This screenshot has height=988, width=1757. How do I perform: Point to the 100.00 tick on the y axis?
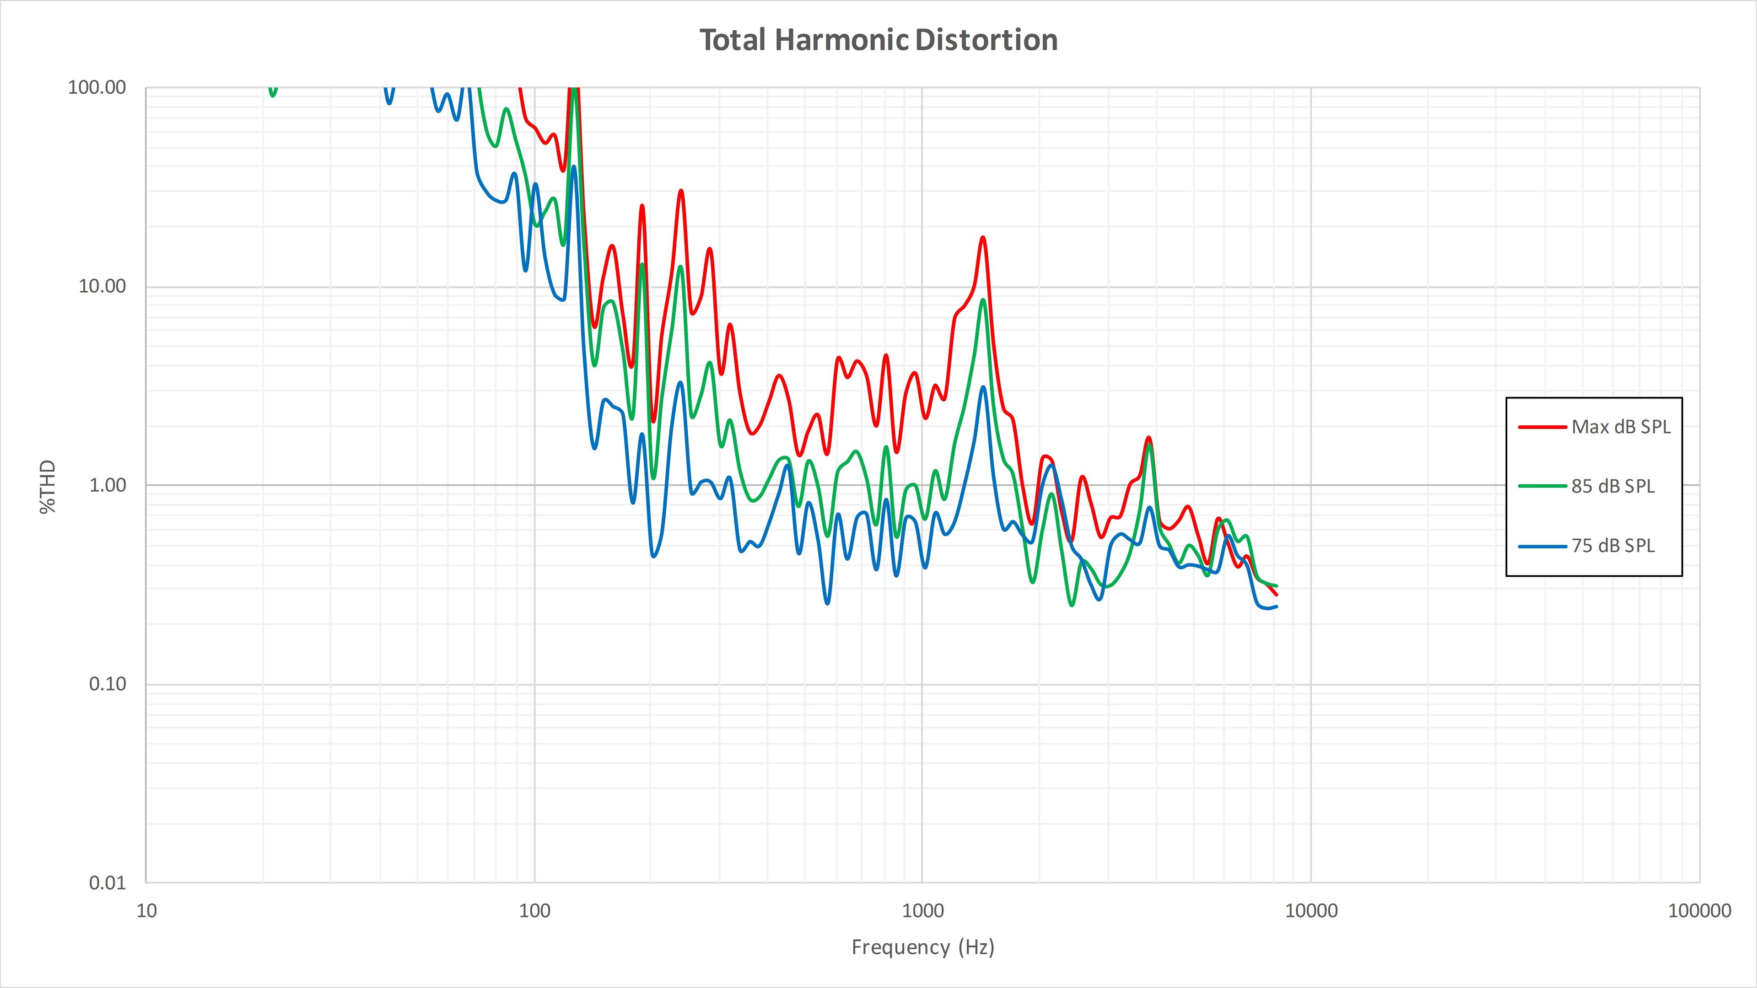coord(97,87)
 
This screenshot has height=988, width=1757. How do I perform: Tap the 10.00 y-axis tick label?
coord(102,286)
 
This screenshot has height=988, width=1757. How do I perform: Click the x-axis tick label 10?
coord(146,911)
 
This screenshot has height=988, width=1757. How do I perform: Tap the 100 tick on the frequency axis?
coord(535,911)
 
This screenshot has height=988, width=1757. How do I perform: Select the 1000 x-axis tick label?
coord(923,911)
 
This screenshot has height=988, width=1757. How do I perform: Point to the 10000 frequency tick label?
coord(1311,911)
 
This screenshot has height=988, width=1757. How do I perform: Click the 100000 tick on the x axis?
coord(1699,911)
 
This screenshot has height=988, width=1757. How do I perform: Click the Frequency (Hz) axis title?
coord(923,947)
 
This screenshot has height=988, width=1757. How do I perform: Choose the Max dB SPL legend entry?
coord(1621,427)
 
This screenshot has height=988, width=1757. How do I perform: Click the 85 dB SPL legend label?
coord(1612,486)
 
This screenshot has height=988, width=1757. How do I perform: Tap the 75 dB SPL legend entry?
coord(1612,546)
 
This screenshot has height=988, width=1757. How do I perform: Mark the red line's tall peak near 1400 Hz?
coord(983,237)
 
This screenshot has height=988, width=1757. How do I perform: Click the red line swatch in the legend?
coord(1542,427)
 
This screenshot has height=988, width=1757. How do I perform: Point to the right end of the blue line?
coord(1276,606)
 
